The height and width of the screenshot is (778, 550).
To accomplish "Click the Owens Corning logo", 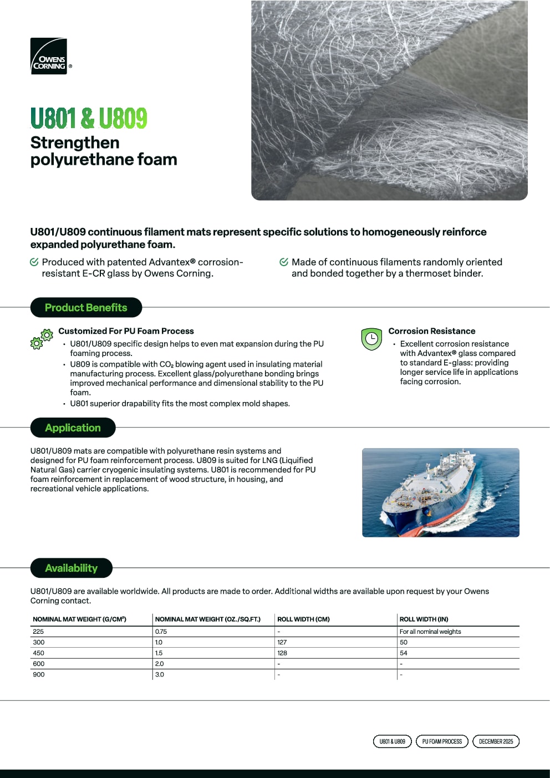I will [x=49, y=56].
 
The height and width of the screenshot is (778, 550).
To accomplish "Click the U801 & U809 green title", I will [x=89, y=118].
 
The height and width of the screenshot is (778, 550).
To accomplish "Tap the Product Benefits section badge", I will [x=86, y=307].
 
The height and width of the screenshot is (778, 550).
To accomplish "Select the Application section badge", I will [x=73, y=428].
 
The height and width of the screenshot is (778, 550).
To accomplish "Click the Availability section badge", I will [x=71, y=568].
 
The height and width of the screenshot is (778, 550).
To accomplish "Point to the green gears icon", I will [x=42, y=339].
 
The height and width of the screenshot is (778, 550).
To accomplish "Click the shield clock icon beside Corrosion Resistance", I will [x=371, y=339].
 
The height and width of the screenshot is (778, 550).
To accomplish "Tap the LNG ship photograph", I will [x=440, y=492].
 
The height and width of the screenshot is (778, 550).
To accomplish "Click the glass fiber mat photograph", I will [x=389, y=100].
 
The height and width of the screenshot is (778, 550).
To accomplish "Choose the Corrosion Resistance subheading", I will [x=431, y=331].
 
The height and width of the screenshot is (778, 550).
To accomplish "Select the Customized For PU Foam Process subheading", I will [x=126, y=331].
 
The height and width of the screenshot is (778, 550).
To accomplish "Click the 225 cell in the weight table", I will [x=38, y=632].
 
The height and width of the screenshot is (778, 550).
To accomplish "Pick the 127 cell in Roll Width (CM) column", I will [x=282, y=642].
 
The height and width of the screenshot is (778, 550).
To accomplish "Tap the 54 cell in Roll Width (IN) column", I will [x=404, y=653].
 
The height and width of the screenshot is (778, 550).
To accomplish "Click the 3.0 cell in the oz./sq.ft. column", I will [x=160, y=674].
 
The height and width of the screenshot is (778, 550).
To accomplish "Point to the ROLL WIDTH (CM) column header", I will [x=303, y=619].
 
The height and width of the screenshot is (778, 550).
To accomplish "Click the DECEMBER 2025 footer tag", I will [x=496, y=741].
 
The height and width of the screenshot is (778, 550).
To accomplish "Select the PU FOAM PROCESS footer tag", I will [x=442, y=741].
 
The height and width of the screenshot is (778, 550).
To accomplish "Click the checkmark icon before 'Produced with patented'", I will [x=34, y=262].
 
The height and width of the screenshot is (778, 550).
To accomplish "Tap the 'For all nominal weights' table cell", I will [x=430, y=632].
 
